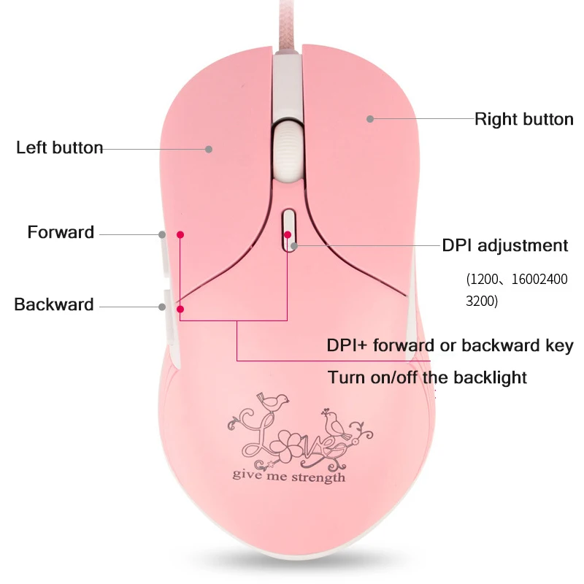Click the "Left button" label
60,148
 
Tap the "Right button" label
523,119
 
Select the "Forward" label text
61,233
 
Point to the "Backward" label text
54,304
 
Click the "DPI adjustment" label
505,245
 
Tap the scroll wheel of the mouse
286,151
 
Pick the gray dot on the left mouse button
209,149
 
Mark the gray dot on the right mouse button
370,118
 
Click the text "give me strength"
289,477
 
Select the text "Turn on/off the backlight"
427,377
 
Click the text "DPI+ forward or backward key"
450,345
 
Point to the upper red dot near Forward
180,234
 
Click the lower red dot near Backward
180,309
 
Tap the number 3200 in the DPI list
482,300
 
